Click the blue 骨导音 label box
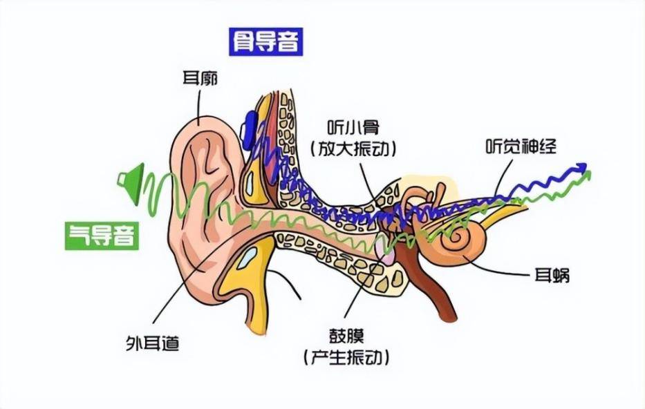point(265,41)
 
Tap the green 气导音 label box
point(102,236)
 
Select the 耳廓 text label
point(200,78)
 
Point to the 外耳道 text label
point(153,343)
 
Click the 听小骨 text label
point(353,127)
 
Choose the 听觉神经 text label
point(521,146)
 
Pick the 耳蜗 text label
point(552,274)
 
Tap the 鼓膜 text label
point(346,337)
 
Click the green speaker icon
point(131,183)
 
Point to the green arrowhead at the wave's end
point(587,175)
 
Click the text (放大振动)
point(354,149)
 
